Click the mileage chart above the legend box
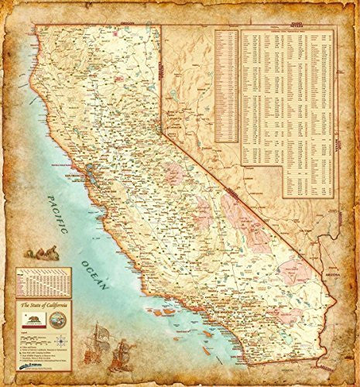click(43, 283)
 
